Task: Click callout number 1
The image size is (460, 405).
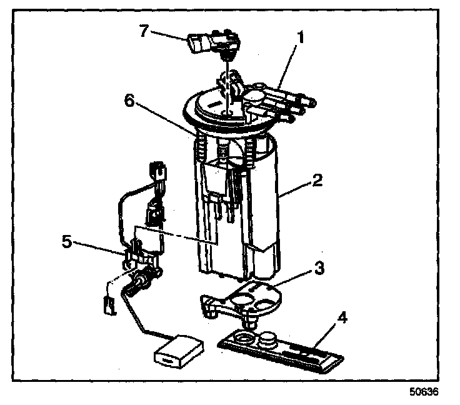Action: point(300,37)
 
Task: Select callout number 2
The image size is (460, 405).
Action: point(317,181)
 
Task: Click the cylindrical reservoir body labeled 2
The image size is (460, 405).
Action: point(262,206)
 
